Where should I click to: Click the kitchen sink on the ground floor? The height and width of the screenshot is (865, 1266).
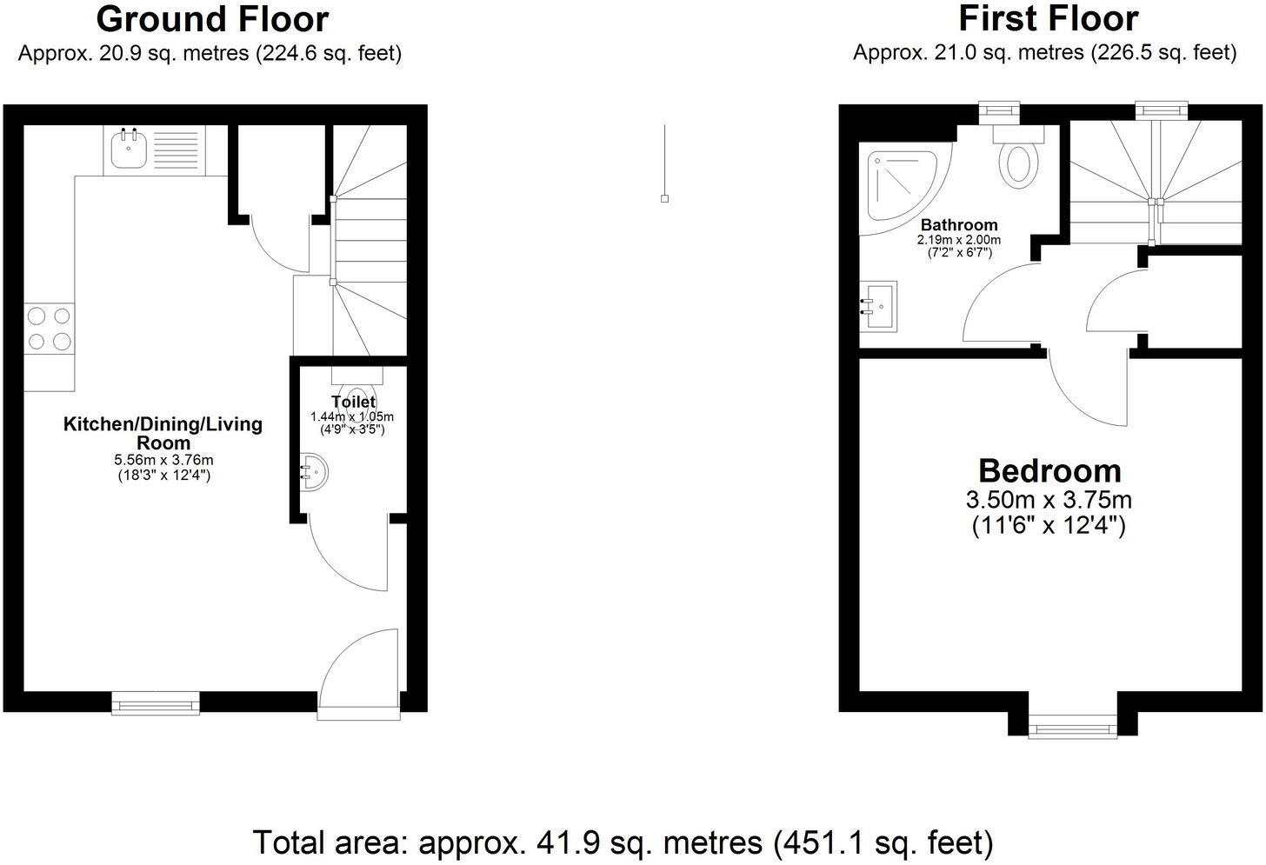point(130,150)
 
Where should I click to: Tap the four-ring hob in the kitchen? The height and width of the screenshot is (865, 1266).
point(49,329)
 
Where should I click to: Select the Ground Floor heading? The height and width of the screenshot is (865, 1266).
point(212,19)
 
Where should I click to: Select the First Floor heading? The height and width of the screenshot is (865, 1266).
point(1048,18)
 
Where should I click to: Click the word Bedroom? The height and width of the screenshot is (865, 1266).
point(1049,471)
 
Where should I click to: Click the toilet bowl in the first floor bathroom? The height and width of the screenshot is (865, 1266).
point(1018,163)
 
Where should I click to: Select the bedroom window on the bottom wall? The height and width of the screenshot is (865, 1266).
point(1073,726)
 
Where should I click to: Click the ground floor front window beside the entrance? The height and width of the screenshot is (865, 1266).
point(157,702)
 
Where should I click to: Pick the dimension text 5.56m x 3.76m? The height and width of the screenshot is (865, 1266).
point(164,460)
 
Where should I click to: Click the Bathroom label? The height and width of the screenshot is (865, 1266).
point(959,225)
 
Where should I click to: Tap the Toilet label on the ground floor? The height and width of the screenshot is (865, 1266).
point(353,402)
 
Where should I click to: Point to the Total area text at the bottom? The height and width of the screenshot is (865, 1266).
point(622,842)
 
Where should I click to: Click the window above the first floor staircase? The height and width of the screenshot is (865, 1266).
point(1161,110)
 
